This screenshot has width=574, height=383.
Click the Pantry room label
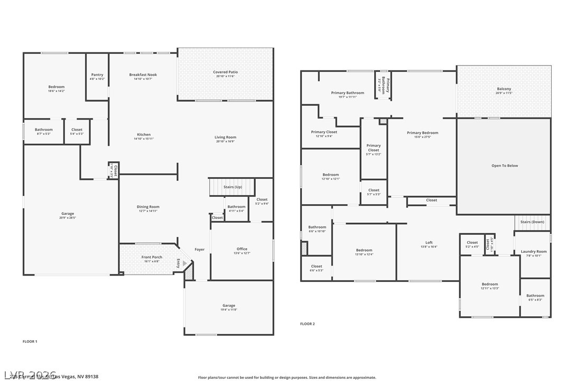97,75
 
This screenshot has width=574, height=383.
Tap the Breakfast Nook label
143,75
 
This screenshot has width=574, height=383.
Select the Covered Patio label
225,72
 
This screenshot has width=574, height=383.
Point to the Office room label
242,249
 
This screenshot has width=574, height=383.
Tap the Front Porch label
152,257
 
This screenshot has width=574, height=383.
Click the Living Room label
225,137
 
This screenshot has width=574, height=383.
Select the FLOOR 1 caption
30,342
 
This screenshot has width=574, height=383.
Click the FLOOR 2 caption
307,324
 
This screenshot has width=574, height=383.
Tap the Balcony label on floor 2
504,89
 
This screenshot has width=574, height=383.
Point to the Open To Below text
504,166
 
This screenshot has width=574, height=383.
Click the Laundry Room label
533,251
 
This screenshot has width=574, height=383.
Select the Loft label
429,242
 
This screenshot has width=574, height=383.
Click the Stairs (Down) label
532,222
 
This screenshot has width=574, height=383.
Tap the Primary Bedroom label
422,133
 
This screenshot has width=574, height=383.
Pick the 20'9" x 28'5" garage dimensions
68,218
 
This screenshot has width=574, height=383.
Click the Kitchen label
144,134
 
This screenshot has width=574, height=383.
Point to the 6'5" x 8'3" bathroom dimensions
535,300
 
